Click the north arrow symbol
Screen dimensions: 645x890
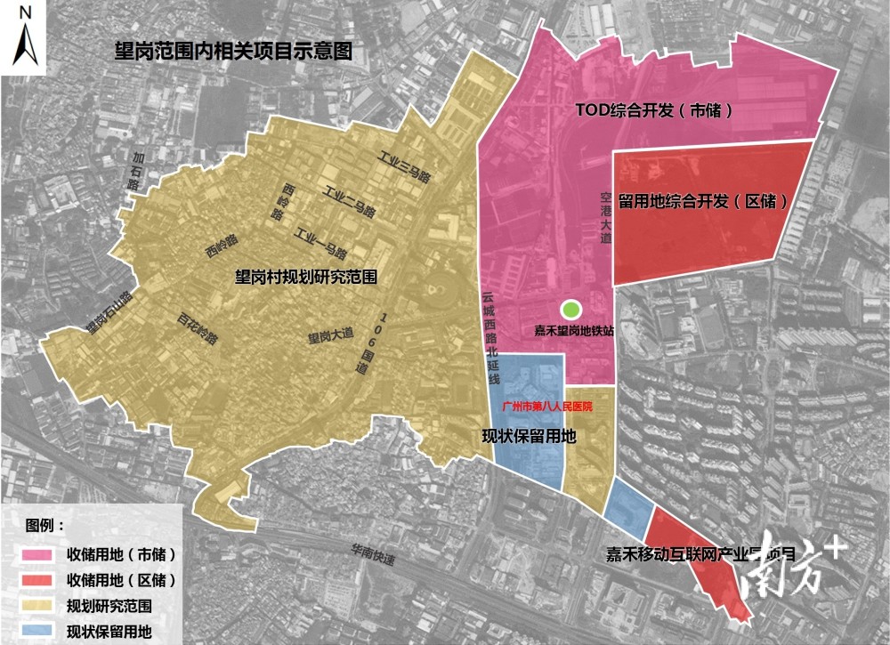(x=26, y=36)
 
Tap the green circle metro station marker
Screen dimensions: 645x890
(x=570, y=309)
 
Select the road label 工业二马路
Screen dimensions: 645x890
(x=348, y=203)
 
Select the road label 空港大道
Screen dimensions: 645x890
(x=606, y=217)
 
